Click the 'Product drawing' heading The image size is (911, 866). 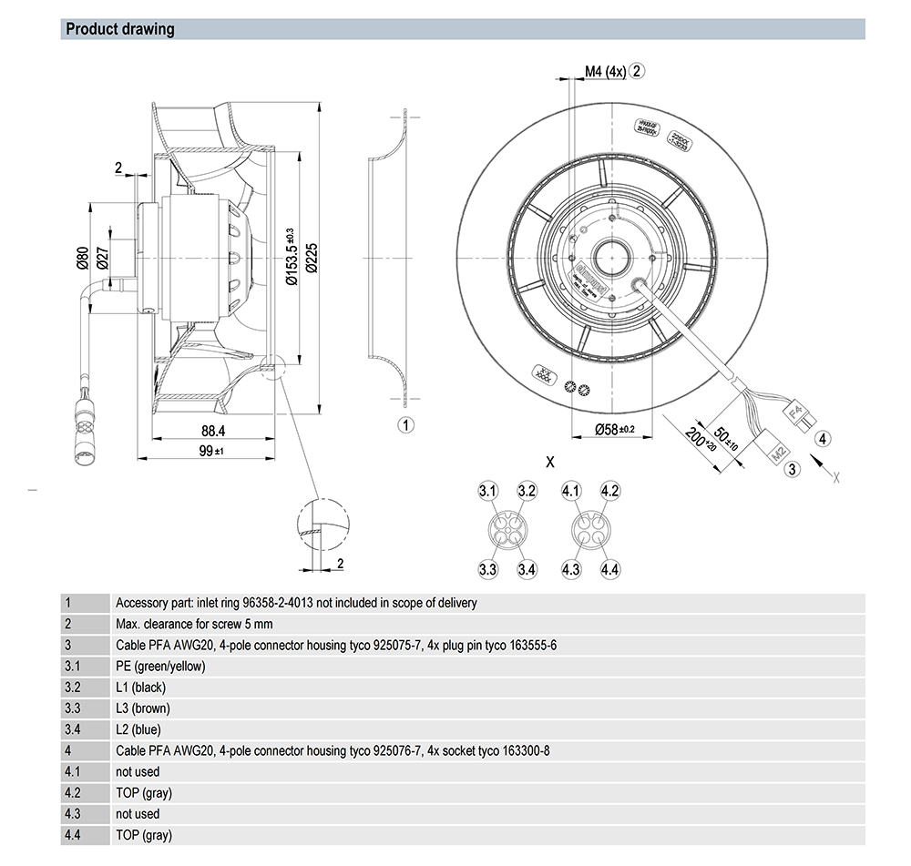(x=120, y=29)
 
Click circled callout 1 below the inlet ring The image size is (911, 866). (x=406, y=424)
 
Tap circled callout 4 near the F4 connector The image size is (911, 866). (x=823, y=439)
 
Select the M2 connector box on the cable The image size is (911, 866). (x=779, y=450)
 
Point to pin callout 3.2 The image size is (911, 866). (x=527, y=492)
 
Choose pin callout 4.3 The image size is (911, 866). (x=571, y=570)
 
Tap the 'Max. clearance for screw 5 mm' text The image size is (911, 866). (x=194, y=625)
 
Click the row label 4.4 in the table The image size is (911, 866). (x=74, y=835)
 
